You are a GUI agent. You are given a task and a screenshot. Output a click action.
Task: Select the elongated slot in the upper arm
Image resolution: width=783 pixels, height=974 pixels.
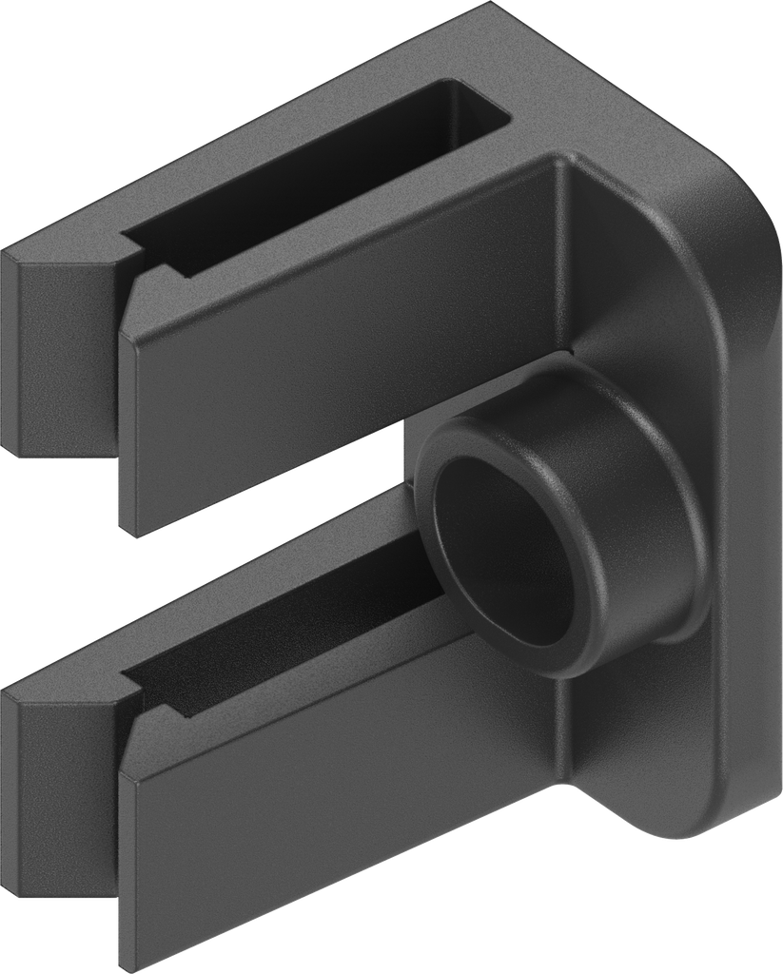click(314, 181)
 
